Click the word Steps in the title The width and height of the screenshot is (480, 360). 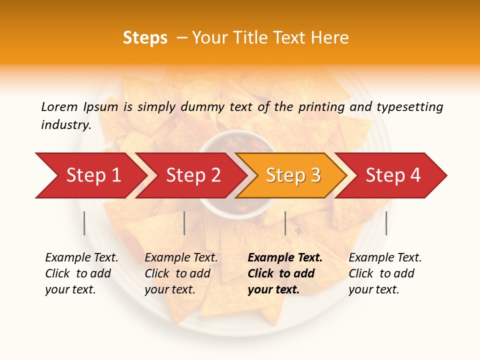tap(145, 38)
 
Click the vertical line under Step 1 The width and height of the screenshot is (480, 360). tap(84, 223)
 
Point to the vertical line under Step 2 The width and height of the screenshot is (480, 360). tap(184, 223)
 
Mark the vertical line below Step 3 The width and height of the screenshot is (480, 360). tap(285, 223)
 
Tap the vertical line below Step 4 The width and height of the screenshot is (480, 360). tap(386, 223)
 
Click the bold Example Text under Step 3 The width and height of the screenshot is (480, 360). tap(285, 273)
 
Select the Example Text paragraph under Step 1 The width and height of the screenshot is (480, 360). tap(81, 273)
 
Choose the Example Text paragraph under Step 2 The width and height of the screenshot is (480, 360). tap(181, 273)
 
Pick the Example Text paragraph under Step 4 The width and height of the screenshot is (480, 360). tap(385, 273)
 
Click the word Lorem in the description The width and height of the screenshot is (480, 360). tap(59, 106)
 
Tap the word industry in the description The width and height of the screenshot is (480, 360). tap(65, 125)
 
